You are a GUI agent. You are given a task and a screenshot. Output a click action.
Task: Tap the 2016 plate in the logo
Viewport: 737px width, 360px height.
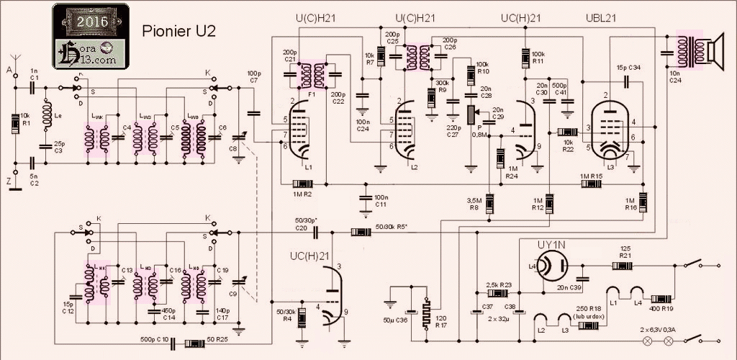coord(91,22)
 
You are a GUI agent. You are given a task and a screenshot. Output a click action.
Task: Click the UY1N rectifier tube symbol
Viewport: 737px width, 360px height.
coord(552,265)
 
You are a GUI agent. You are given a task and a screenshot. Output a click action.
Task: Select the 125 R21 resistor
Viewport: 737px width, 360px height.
coord(623,266)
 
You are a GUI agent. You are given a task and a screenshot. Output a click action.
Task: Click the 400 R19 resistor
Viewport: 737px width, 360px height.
coord(661,298)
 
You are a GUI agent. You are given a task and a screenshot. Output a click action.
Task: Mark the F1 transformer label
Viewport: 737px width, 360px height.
coord(312,93)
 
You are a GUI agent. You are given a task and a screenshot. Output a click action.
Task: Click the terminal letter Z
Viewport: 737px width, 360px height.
coord(9,182)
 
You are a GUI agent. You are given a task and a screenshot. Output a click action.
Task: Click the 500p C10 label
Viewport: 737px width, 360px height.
coord(154,338)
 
